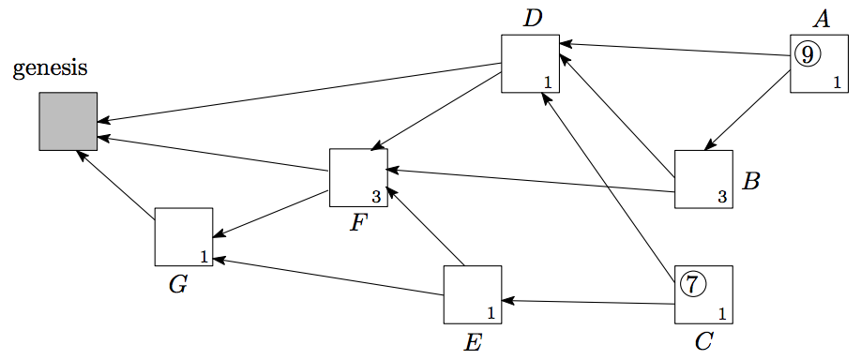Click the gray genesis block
coord(68,121)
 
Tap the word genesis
coord(50,69)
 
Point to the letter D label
coord(532,19)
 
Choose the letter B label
coord(750,181)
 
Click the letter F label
coord(358,223)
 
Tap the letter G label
coord(178,285)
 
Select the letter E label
coord(473,342)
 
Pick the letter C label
coord(703,342)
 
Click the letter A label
coord(821,20)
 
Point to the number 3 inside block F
coord(376,198)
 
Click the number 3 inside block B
coord(722,197)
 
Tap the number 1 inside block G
coord(204,256)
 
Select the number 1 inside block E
coord(491,314)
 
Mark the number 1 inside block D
coord(548,82)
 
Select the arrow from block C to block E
coord(588,303)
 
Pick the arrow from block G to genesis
coord(116,184)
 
